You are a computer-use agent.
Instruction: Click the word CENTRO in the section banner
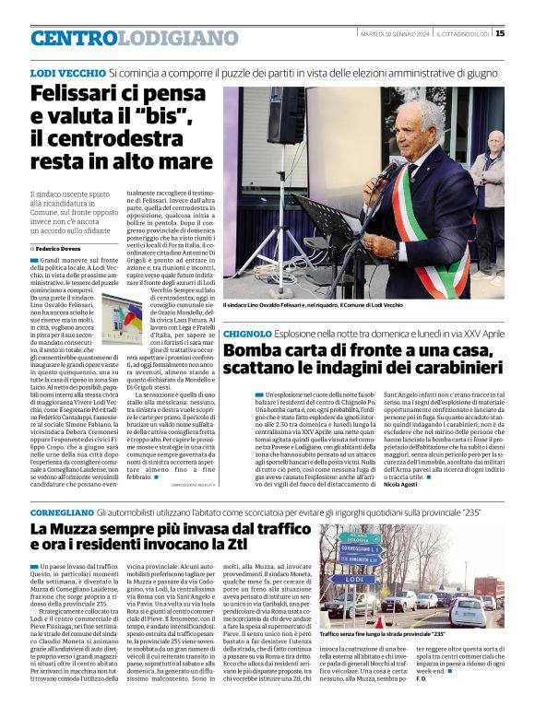(75, 38)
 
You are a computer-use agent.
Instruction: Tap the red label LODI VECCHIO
(67, 72)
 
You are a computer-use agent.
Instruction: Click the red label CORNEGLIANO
(62, 511)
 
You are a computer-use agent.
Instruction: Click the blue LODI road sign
(347, 580)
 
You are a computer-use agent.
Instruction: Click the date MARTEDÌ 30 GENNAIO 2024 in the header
(395, 34)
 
